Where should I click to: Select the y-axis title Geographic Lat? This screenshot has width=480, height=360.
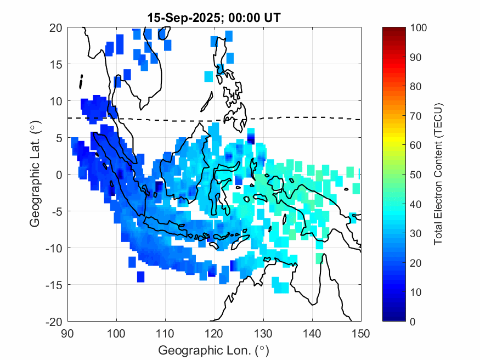coord(35,175)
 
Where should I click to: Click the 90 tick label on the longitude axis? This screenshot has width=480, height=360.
coord(67,333)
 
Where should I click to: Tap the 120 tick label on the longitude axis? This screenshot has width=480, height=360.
coord(214,333)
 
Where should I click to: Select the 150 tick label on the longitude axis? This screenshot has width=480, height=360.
coord(361,333)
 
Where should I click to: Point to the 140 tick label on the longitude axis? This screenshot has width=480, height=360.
coord(312,333)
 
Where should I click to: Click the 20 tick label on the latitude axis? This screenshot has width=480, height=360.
coord(56,27)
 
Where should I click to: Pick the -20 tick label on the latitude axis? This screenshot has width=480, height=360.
coord(54,321)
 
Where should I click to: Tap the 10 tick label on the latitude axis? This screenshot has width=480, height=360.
coord(56,101)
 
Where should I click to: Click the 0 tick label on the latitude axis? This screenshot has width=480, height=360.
coord(59,175)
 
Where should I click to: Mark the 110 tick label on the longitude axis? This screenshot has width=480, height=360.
coord(165,333)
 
